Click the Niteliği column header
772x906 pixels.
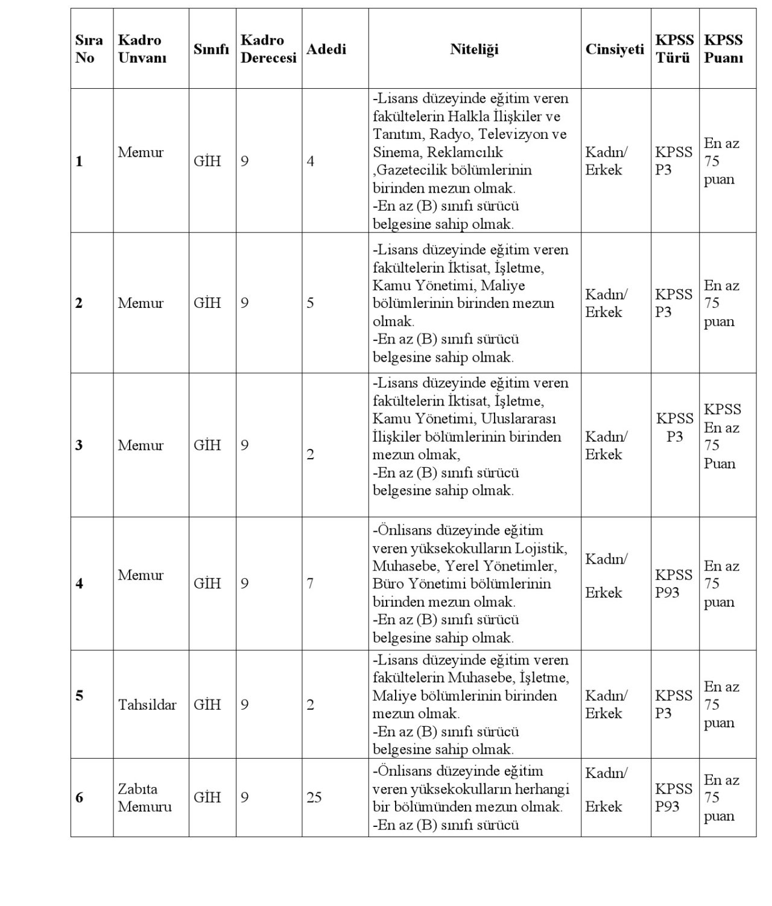coord(474,49)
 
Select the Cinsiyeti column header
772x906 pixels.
coord(615,49)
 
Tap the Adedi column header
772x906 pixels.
coord(326,49)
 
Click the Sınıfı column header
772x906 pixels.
coord(211,49)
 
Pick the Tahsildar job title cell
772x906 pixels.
coord(147,704)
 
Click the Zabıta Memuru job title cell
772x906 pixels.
coord(145,797)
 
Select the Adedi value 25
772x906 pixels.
coord(314,797)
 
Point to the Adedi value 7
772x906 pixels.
coord(310,584)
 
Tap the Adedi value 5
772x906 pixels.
coord(310,303)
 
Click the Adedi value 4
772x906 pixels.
coord(310,161)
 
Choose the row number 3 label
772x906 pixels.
coord(79,445)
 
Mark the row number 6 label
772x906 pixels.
coord(79,797)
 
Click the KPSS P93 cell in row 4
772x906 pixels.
coord(674,584)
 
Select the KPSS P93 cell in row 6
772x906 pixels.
coord(674,797)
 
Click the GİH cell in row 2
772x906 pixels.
coord(207,303)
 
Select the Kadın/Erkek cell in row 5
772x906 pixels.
coord(606,704)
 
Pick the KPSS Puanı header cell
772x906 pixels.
coord(723,49)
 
